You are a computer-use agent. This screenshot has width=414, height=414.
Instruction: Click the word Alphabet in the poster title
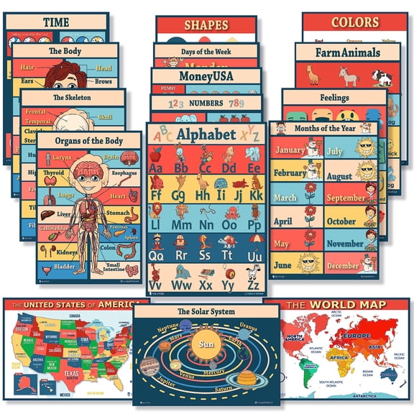(206, 134)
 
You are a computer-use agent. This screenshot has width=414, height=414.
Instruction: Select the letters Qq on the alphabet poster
(157, 255)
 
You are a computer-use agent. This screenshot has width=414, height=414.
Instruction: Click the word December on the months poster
(343, 266)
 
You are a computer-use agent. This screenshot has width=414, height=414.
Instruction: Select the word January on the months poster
(290, 150)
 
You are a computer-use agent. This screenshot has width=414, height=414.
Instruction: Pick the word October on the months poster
(341, 221)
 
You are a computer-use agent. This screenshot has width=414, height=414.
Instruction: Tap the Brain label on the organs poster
(111, 157)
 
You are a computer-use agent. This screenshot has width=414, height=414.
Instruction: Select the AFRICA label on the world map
(338, 357)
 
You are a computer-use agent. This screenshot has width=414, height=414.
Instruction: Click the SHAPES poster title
(206, 25)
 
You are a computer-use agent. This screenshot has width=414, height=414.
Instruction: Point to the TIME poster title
(56, 22)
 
